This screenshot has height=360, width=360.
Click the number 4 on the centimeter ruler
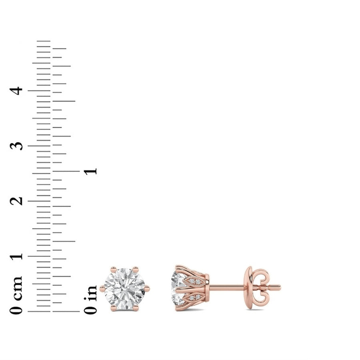(16, 91)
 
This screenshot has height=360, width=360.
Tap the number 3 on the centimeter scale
(16, 146)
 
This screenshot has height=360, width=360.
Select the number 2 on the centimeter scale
(16, 201)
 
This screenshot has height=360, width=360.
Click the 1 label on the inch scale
(90, 171)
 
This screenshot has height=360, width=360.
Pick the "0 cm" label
(16, 295)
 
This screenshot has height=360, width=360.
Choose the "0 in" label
(90, 300)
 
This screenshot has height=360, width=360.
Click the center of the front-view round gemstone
(125, 288)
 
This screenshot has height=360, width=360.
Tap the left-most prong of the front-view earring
(102, 288)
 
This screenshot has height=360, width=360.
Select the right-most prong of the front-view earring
(147, 288)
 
